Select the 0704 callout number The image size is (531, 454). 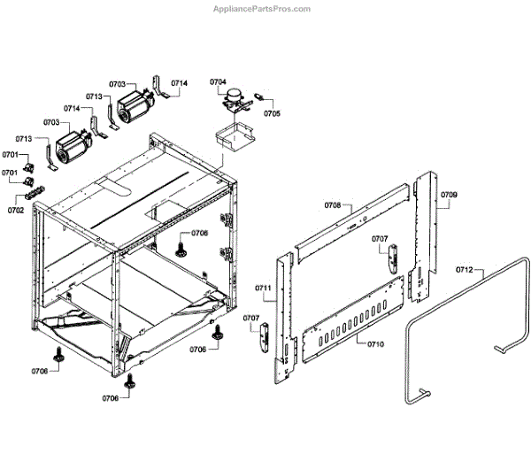click(219, 82)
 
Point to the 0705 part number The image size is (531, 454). click(272, 113)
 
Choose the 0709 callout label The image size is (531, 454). click(449, 193)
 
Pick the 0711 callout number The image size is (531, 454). click(263, 289)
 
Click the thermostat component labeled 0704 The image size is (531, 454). click(235, 102)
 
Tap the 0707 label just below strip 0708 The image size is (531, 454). click(379, 239)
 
